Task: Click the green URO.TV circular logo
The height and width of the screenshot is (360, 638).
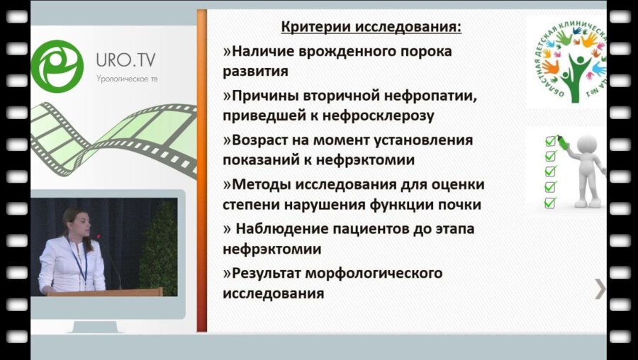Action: (x=57, y=66)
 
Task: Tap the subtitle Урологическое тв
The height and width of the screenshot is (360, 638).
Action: (x=128, y=78)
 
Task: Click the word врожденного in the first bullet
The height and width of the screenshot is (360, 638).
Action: (x=343, y=52)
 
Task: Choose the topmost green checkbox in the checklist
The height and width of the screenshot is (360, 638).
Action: (x=550, y=140)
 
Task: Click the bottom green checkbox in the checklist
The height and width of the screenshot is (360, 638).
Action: (x=550, y=203)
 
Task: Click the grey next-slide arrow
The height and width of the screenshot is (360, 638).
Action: (x=600, y=288)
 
